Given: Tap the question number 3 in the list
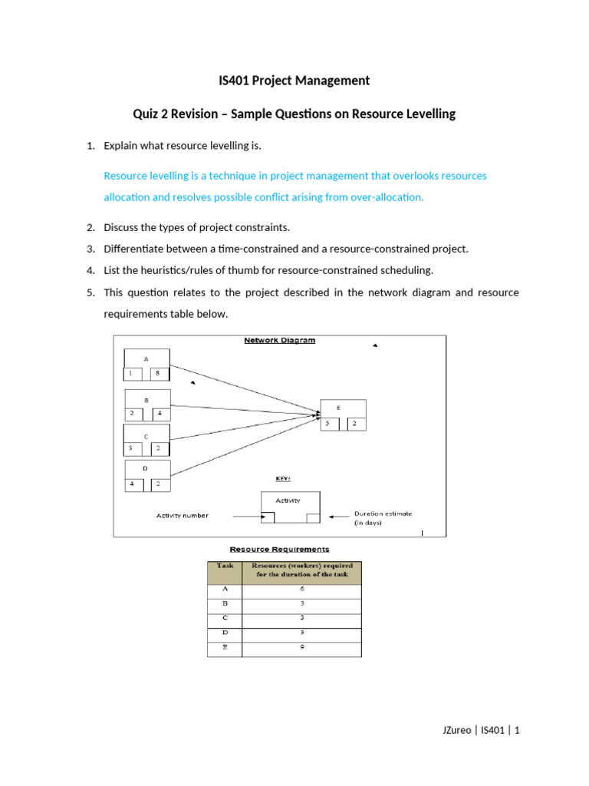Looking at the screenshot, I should (90, 249).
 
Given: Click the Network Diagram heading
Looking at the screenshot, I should (279, 340).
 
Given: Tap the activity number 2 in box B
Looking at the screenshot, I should (131, 413).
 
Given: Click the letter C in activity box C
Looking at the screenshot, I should (146, 436).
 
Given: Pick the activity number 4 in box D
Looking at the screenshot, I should (132, 484).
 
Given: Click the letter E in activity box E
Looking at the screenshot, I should (338, 408).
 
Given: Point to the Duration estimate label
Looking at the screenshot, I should (382, 514).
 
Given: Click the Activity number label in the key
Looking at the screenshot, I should (182, 516).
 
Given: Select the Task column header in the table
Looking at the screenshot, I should (225, 566).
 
